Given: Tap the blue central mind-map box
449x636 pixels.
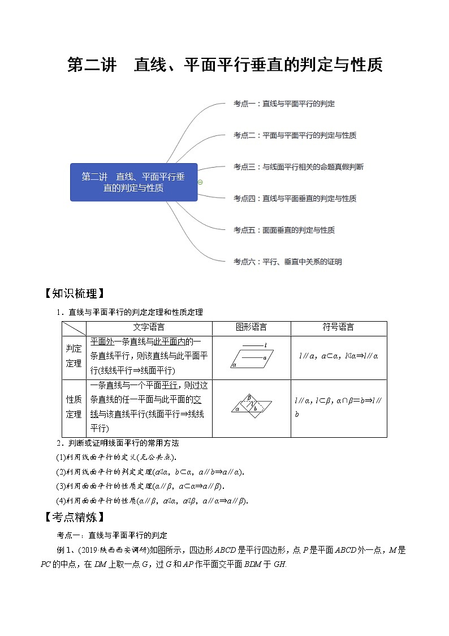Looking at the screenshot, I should click(133, 182).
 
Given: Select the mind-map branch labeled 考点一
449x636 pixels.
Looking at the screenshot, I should click(284, 104).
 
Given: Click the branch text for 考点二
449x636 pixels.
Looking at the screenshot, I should click(295, 135).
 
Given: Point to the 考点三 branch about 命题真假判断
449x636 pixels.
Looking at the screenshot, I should click(298, 167).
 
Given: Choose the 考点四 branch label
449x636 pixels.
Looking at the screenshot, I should click(295, 199).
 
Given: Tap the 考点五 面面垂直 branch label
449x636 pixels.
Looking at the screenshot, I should click(284, 231).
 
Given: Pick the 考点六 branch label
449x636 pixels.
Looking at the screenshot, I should click(287, 262).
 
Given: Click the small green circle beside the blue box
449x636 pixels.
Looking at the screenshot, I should click(200, 182).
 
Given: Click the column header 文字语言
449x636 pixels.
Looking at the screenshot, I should click(149, 328).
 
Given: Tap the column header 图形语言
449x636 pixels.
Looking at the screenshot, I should click(251, 328).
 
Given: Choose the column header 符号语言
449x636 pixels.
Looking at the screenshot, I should click(338, 328).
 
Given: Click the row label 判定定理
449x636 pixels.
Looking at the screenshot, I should click(74, 355).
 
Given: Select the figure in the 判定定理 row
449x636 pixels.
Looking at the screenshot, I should click(251, 356).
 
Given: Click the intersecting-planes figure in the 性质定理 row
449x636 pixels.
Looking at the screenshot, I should click(251, 408).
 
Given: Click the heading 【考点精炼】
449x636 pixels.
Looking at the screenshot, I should click(74, 517).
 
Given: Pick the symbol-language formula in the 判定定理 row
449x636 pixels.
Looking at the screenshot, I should click(338, 356).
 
